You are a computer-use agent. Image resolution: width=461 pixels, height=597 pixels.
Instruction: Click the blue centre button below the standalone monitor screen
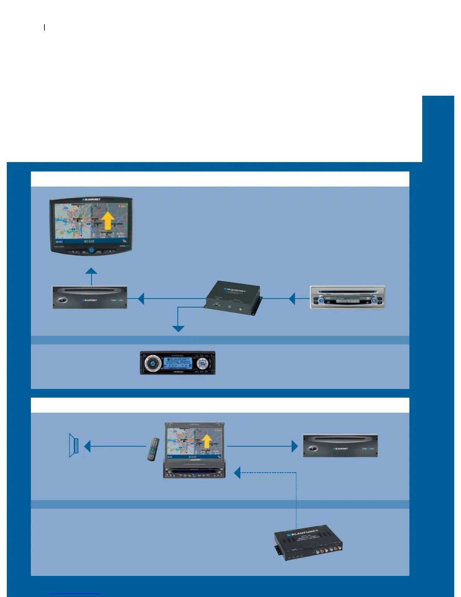[91, 250]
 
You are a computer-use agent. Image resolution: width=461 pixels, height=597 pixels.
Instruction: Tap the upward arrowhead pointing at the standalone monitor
[91, 271]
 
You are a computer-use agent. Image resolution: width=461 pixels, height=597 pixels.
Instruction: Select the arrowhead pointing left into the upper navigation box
[141, 298]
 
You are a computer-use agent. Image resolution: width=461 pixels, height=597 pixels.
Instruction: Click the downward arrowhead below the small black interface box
[178, 329]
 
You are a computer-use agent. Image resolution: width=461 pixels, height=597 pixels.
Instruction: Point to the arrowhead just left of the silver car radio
[292, 298]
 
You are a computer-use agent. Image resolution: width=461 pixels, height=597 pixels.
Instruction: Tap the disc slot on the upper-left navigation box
[89, 290]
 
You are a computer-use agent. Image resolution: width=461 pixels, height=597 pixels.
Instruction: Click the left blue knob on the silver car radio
[321, 300]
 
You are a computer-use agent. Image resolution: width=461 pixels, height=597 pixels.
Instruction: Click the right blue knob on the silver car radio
[374, 300]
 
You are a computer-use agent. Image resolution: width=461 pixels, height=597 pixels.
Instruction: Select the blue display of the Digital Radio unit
[178, 362]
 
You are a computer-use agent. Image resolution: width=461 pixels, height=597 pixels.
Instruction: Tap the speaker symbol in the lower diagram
[74, 445]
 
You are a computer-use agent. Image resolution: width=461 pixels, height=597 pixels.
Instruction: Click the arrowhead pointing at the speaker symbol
[87, 446]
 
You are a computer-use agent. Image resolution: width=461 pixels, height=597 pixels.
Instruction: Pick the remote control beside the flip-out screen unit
[153, 449]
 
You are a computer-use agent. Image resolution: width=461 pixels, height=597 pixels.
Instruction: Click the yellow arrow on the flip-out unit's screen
[206, 441]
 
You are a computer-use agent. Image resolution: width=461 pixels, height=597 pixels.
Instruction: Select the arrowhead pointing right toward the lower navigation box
[295, 446]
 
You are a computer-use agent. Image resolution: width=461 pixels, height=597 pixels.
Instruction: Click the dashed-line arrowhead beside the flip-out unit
[237, 473]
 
